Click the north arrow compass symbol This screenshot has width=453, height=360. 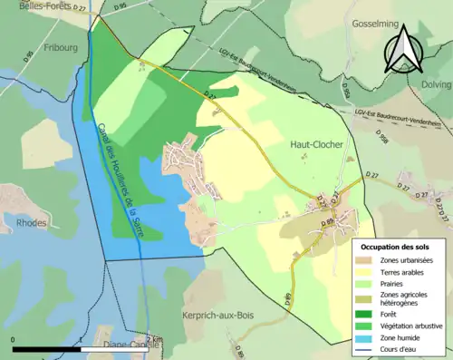point(403,51)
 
